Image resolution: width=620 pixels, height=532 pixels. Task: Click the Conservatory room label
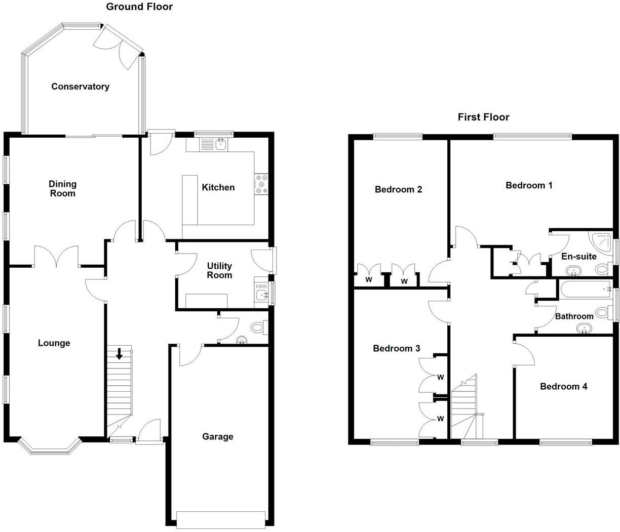coord(80,87)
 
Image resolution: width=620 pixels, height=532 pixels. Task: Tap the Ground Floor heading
coord(139,7)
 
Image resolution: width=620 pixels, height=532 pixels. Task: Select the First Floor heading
coord(483,117)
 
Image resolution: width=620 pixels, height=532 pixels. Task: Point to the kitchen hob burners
coord(262,184)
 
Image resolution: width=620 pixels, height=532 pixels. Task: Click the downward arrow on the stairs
coord(119,354)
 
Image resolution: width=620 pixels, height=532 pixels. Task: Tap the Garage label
coord(218,436)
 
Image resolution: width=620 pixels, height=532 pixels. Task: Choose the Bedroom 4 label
coord(563,387)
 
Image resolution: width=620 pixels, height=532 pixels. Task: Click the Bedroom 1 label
coord(529,185)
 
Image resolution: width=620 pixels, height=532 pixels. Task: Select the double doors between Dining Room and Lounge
coord(56,257)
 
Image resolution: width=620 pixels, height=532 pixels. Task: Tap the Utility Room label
coord(219,270)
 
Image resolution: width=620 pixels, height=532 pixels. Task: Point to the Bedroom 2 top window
coord(398,136)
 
